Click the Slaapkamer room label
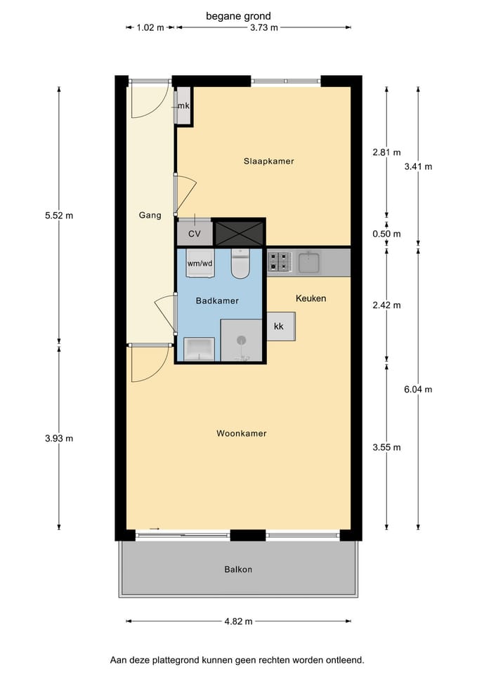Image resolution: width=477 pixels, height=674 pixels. click(x=269, y=161)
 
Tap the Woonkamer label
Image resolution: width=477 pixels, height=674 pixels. click(x=241, y=433)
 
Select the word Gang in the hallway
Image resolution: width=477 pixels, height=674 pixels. click(x=150, y=215)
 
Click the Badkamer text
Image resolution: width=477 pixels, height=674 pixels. click(x=217, y=300)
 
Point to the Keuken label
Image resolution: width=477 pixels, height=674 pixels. click(x=311, y=298)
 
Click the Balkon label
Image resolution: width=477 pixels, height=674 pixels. click(x=238, y=569)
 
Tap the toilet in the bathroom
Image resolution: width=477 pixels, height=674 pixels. click(x=240, y=263)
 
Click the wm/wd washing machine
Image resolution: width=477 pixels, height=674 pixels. click(x=200, y=263)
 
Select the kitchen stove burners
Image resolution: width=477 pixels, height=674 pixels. click(x=279, y=261)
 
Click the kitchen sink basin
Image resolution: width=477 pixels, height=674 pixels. click(x=309, y=263)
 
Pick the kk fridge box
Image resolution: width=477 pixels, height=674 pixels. click(x=281, y=326)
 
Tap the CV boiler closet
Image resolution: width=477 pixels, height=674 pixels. click(x=195, y=233)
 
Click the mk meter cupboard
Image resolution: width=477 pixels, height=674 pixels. click(x=183, y=106)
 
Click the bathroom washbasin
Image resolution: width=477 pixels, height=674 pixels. click(x=199, y=349)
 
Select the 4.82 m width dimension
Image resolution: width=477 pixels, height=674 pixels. click(x=238, y=621)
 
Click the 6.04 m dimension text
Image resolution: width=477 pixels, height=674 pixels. click(x=418, y=390)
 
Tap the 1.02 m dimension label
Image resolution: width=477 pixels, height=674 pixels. click(x=150, y=28)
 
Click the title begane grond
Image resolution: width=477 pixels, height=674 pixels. click(x=238, y=16)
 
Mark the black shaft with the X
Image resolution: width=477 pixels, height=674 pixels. click(x=239, y=233)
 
